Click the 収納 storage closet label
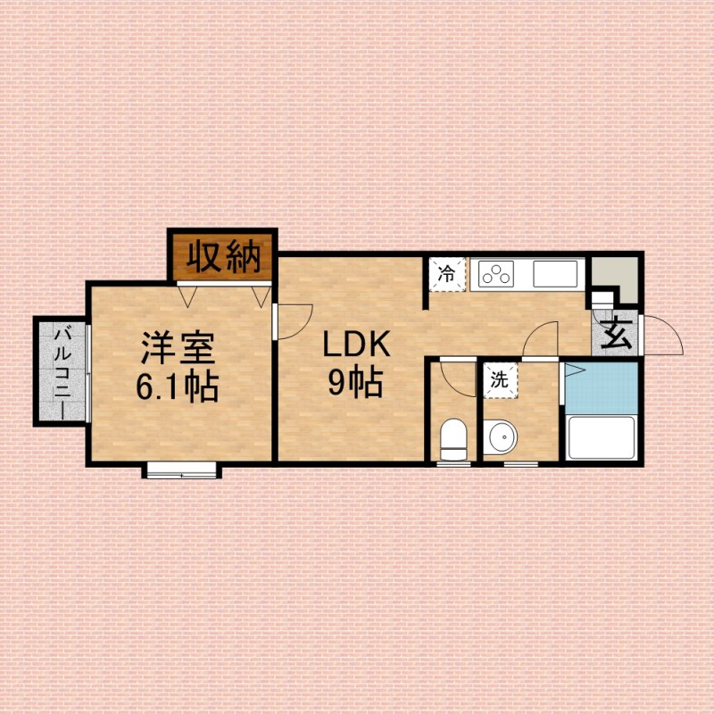click(x=224, y=257)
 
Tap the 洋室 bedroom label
click(x=178, y=347)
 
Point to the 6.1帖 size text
click(x=178, y=387)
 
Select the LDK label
click(x=356, y=344)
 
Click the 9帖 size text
click(x=355, y=382)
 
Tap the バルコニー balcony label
click(x=62, y=372)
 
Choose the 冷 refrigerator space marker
click(x=448, y=275)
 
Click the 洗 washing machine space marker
click(x=500, y=380)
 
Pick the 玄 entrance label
click(x=616, y=333)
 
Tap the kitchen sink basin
click(x=555, y=274)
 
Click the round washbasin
click(x=500, y=436)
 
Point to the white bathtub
click(x=601, y=437)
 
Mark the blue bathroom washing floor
click(x=601, y=388)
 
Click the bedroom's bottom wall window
click(x=182, y=470)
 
